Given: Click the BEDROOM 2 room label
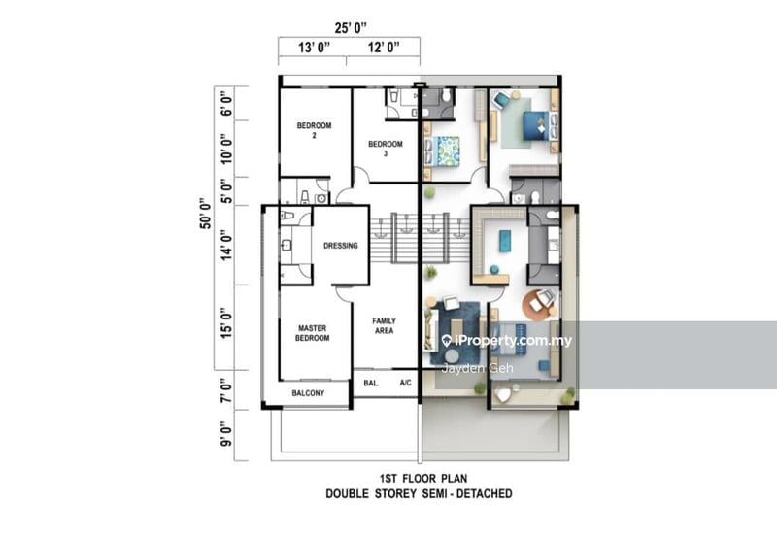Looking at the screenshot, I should point(314,130).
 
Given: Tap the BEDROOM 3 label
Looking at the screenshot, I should point(384,149).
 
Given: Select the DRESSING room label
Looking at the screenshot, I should point(340,246).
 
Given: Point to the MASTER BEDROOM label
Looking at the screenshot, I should point(313,333).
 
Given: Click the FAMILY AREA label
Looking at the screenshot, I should point(384,326).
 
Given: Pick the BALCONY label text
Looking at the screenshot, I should point(308,393).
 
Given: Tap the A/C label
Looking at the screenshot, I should point(406,384).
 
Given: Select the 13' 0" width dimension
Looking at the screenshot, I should point(314,47).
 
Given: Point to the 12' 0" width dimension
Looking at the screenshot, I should point(382,47).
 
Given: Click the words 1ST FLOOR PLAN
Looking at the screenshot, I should point(419,479).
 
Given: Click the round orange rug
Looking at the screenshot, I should point(540,303).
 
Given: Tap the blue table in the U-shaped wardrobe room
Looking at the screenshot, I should point(505,239).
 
